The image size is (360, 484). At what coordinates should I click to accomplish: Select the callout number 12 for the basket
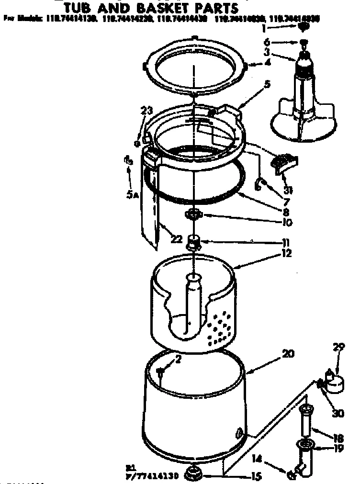(287, 253)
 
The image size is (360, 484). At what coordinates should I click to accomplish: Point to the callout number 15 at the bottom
(256, 476)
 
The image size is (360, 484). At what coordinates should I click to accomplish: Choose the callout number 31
(288, 190)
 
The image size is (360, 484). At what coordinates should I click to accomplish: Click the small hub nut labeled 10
(195, 214)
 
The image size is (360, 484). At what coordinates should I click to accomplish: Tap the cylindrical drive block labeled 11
(194, 242)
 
